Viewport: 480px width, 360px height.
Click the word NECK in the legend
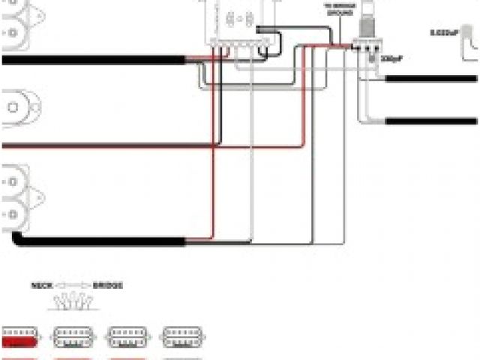point(40,286)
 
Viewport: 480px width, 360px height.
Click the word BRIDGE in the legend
point(108,286)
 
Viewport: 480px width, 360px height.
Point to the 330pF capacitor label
point(390,58)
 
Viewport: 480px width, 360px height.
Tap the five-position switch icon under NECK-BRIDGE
point(73,301)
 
